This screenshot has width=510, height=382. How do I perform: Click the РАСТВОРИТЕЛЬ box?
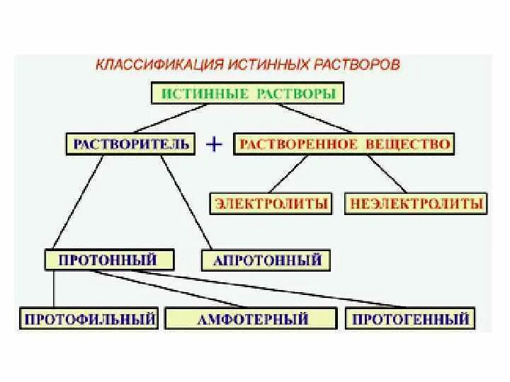coord(129,144)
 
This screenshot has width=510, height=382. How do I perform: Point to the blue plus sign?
coord(213,144)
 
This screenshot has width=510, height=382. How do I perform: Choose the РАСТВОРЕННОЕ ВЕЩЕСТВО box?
coord(345,144)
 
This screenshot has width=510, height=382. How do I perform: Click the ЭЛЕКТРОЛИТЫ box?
coord(271,204)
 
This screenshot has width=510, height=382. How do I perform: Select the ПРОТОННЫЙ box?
coord(108,259)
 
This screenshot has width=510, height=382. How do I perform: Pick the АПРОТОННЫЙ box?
coord(267,260)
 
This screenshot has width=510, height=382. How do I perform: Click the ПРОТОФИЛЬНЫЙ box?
coord(89,319)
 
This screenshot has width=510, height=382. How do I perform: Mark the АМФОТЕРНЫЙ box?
coord(253,319)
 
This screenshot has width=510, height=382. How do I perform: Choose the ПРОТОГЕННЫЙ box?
coord(410,319)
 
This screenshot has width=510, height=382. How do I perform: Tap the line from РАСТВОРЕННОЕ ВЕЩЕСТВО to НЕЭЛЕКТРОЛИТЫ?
coord(386,173)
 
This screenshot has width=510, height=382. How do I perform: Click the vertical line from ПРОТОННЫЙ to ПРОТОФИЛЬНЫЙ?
coord(55,289)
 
